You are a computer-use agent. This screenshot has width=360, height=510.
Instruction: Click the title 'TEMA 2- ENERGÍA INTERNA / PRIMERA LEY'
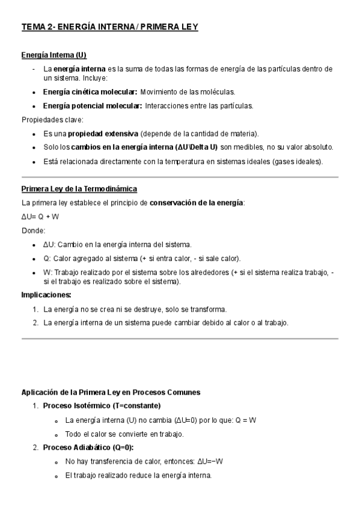tap(109, 27)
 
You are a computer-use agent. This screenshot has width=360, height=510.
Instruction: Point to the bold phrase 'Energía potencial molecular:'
tap(92, 105)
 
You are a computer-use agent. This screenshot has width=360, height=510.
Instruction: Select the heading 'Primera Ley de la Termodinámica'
tap(79, 189)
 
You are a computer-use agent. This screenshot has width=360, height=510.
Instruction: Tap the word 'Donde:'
tap(33, 230)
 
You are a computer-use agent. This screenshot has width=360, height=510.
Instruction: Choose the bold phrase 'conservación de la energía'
tap(197, 203)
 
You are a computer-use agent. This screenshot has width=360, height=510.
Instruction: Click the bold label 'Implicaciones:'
tap(46, 295)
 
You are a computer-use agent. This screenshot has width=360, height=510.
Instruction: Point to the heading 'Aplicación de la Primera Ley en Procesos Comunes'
tap(111, 392)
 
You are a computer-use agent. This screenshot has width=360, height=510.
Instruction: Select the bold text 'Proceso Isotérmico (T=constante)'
tap(102, 405)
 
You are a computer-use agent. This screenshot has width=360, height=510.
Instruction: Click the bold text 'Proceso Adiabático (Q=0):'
tap(88, 447)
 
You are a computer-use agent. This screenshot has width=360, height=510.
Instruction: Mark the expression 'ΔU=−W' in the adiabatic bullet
tap(212, 461)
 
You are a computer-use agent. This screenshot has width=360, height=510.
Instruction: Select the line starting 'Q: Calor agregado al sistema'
tap(142, 259)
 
